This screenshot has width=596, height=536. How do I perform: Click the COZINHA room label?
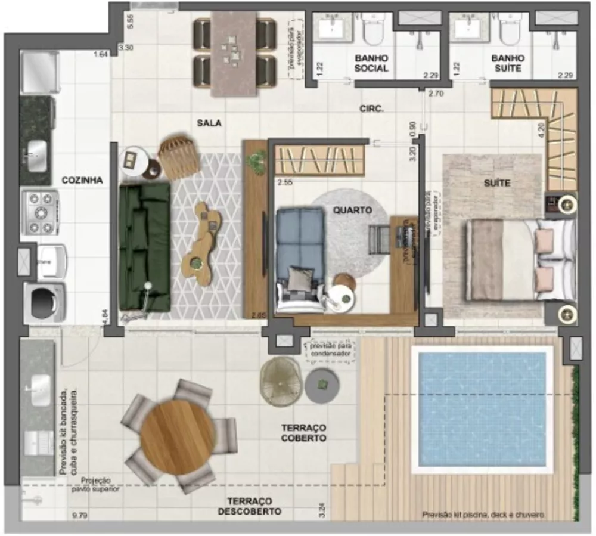(x=82, y=180)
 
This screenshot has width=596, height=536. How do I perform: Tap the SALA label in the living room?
(x=209, y=123)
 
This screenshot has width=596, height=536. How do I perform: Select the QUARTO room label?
(x=352, y=210)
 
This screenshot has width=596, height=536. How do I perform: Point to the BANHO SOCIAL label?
(x=371, y=63)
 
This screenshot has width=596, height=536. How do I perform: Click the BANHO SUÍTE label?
(x=508, y=63)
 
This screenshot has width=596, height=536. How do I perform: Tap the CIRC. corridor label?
(x=371, y=109)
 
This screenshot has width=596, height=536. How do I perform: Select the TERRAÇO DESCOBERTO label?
(x=249, y=506)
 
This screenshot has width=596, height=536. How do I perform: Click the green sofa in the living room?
(x=144, y=246)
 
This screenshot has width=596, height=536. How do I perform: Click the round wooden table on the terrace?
(x=177, y=429)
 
